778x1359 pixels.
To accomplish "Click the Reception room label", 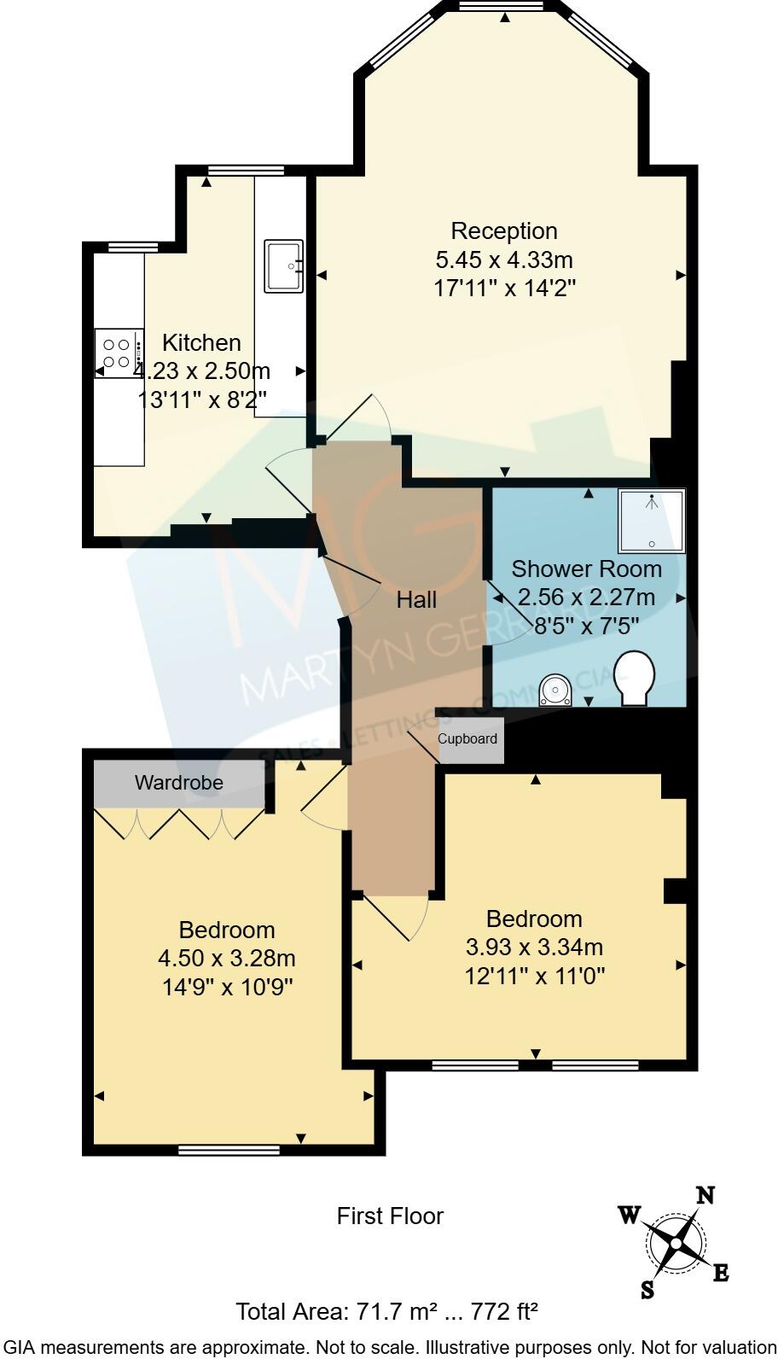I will click(503, 230).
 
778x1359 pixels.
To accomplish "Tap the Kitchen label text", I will click(201, 343).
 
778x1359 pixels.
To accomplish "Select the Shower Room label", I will click(586, 569).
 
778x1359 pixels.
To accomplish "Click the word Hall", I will click(416, 600).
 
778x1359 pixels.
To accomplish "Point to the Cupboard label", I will click(467, 738).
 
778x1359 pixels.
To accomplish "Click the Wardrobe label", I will click(179, 783).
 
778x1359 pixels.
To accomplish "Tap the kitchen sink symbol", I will click(284, 265).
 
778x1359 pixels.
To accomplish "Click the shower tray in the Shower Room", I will click(652, 520).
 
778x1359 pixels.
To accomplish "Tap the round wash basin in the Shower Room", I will click(555, 689).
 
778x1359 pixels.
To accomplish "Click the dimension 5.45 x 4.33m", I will click(503, 260).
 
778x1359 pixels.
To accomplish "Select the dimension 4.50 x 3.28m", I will click(227, 959).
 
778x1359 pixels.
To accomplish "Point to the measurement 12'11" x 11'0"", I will click(535, 976).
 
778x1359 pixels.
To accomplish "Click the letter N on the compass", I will click(705, 1195).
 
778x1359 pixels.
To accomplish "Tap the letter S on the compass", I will click(647, 1289).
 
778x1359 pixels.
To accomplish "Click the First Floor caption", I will click(390, 1216).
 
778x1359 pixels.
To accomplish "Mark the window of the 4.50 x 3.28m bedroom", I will click(229, 1150).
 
